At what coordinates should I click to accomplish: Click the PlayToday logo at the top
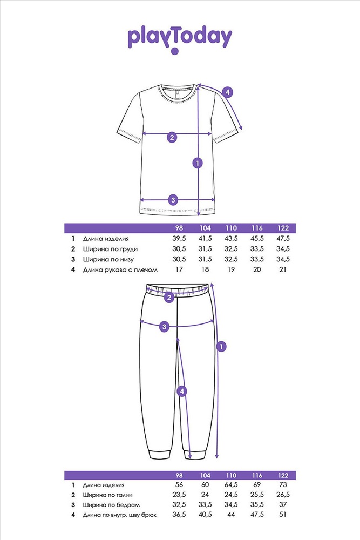tap(180, 39)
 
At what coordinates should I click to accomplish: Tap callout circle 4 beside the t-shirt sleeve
tap(227, 92)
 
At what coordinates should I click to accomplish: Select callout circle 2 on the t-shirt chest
tap(172, 137)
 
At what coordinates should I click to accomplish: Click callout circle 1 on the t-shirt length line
tap(198, 163)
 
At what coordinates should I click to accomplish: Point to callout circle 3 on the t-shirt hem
tap(173, 200)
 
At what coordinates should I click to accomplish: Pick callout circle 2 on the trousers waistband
tap(168, 298)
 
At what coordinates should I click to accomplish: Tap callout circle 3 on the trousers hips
tap(164, 327)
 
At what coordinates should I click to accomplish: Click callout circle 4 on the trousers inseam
tap(182, 391)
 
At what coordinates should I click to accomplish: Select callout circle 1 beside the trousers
tap(221, 347)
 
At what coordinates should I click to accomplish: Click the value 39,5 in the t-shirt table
tap(179, 238)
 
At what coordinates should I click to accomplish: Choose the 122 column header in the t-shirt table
tap(283, 228)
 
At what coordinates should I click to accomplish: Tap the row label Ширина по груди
tap(110, 249)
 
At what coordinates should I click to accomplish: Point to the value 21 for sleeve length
tap(283, 269)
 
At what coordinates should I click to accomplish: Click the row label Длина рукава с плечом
tap(120, 269)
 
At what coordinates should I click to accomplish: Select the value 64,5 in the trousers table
tap(231, 484)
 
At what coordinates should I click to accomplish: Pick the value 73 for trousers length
tap(283, 484)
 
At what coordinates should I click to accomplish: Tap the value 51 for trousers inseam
tap(283, 515)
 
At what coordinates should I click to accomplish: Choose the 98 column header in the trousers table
tap(179, 475)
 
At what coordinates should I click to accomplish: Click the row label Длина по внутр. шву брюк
tap(119, 515)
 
